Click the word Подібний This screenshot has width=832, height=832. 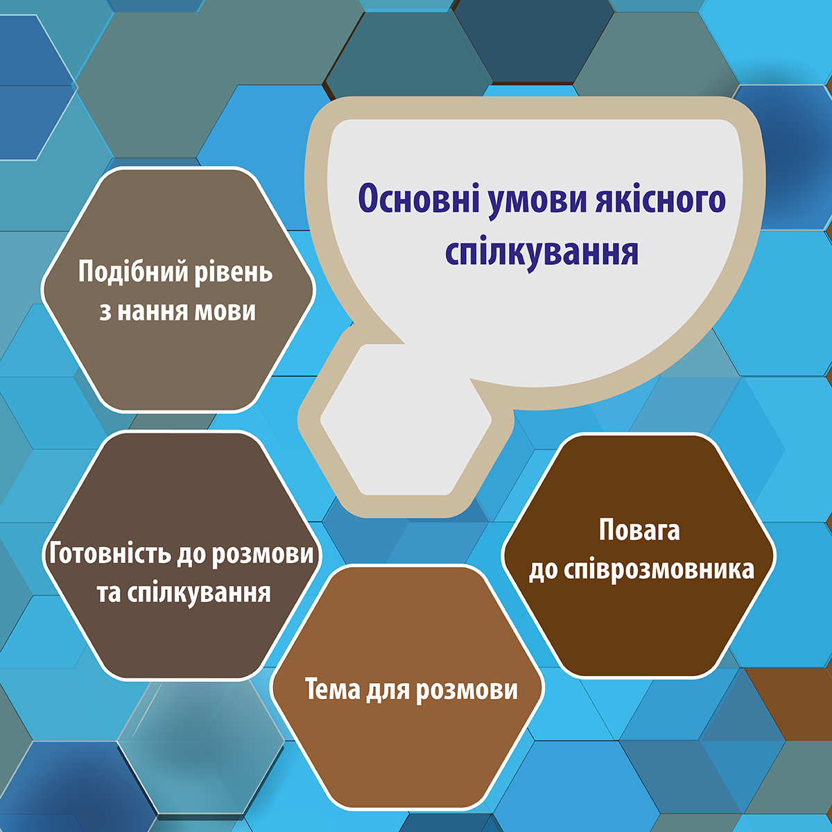[x=134, y=272]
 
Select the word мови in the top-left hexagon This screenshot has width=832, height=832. [x=225, y=311]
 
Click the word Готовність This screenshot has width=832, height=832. [x=110, y=553]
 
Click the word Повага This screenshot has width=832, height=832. [x=639, y=530]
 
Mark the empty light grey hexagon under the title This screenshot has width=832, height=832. [x=406, y=419]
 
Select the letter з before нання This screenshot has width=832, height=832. [x=105, y=312]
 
